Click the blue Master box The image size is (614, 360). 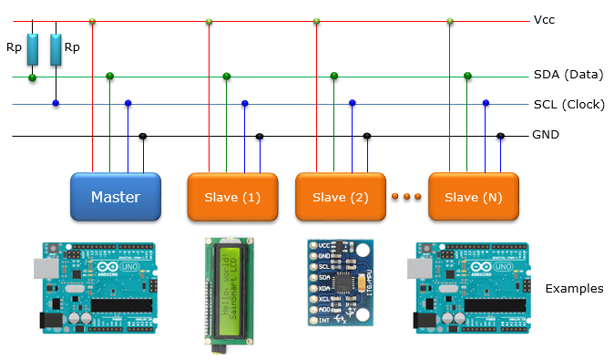pos(116,196)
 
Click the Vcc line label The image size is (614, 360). pos(544,20)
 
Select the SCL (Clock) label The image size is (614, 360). pos(568,104)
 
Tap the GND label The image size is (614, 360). pos(545,135)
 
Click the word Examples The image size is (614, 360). pos(574,288)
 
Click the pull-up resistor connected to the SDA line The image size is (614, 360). pos(33,50)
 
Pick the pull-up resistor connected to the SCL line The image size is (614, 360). pos(56,50)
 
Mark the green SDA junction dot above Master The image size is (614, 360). pos(110,76)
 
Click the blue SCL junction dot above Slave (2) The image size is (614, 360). pos(352,103)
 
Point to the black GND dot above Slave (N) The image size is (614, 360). pos(500,136)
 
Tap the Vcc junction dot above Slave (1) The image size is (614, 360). pos(210,21)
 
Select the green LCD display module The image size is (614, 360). pos(228,289)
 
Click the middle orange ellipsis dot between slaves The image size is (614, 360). pos(408,196)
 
